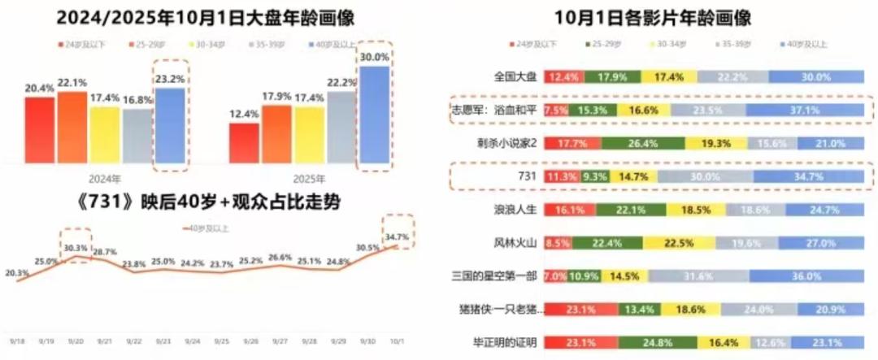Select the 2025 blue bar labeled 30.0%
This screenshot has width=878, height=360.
click(375, 118)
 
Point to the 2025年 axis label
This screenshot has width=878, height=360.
click(309, 179)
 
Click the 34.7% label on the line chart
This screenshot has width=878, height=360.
click(397, 237)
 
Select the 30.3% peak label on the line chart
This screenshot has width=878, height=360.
click(76, 249)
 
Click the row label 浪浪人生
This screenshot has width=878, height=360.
click(515, 210)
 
